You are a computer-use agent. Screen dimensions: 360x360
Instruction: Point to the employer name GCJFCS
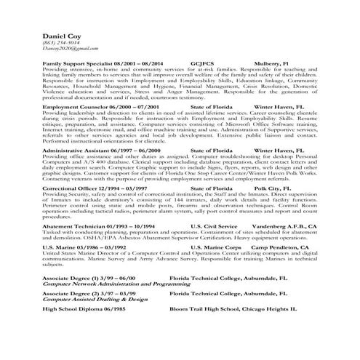click(201, 63)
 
